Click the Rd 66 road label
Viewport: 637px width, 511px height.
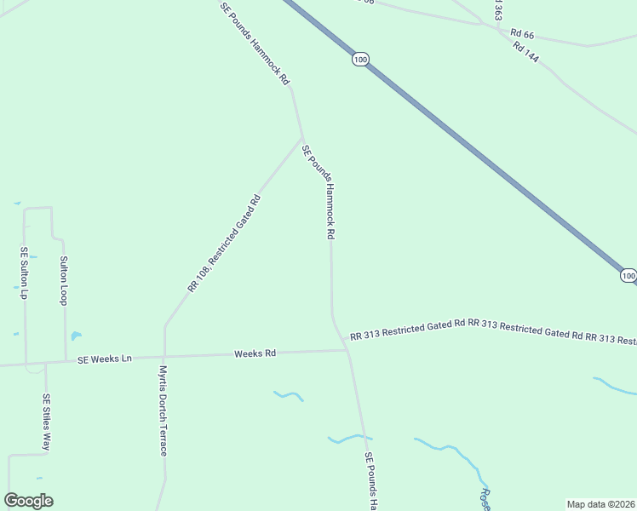coord(522,33)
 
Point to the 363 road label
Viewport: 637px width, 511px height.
coord(497,10)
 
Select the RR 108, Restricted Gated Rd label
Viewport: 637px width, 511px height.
coord(224,244)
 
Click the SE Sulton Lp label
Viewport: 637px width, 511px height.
coord(25,273)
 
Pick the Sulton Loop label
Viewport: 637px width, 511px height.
coord(63,280)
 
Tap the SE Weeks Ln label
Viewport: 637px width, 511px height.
coord(104,359)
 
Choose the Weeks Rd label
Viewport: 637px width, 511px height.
coord(255,353)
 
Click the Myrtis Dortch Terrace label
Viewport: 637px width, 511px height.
coord(163,411)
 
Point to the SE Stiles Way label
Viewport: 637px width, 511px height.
coord(47,422)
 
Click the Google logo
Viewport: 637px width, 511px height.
coord(28,501)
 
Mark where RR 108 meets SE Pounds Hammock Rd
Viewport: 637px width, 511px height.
coord(301,139)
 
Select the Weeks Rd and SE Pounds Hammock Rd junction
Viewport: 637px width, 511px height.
coord(347,350)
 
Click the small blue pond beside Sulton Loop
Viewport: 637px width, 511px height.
coord(75,336)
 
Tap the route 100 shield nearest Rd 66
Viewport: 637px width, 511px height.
coord(360,59)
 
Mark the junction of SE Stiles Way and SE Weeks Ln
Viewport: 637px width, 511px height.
coord(45,363)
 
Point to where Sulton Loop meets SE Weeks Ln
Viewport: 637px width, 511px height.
coord(66,360)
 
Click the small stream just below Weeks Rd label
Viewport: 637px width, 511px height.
coord(289,395)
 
